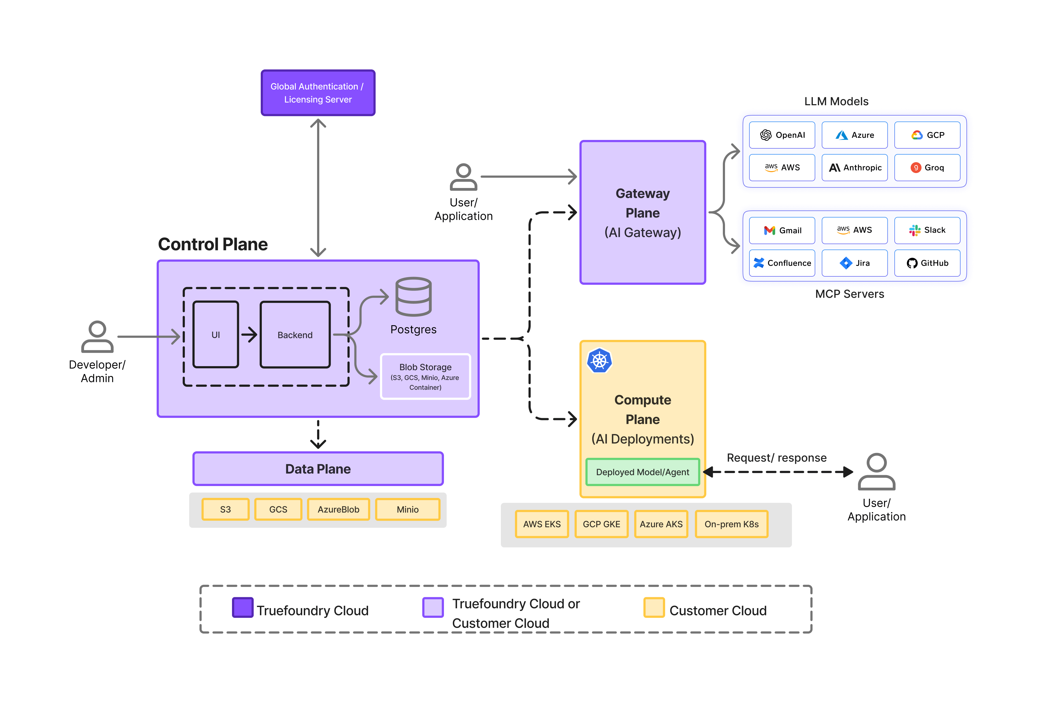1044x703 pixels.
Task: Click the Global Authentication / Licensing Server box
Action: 318,93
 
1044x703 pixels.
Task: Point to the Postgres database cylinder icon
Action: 413,297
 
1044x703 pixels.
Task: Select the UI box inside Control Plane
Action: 215,334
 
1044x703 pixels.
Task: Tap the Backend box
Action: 295,334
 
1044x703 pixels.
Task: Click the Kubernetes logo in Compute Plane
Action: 599,360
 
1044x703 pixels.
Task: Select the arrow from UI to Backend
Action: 249,334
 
